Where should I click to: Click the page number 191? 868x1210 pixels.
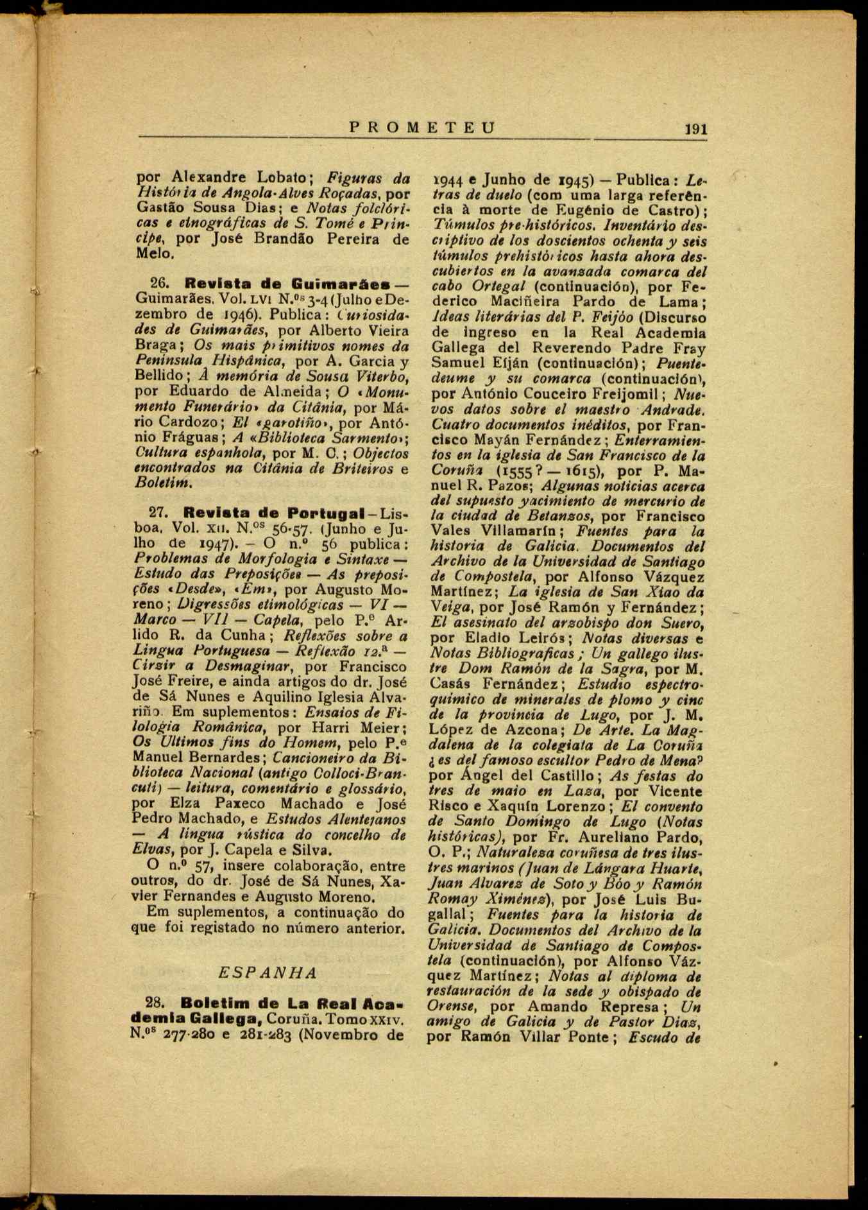click(695, 128)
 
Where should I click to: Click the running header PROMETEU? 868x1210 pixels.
click(423, 127)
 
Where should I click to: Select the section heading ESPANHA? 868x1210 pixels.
click(268, 972)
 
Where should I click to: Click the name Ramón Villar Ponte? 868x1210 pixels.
click(538, 1037)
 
